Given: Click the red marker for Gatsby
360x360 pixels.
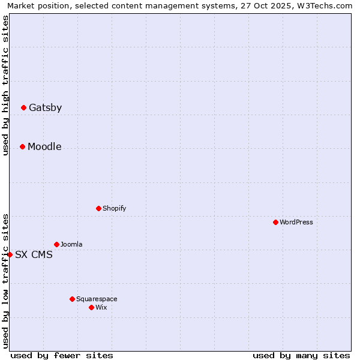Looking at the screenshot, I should coord(23,108).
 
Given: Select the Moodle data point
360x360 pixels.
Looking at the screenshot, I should coord(22,146).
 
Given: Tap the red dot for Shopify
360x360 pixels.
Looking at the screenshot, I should coord(98,208).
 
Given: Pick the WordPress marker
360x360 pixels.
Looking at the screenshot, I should coord(275,222).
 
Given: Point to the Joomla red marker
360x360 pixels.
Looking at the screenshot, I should coord(56,244).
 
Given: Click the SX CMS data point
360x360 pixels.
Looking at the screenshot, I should coord(10,254).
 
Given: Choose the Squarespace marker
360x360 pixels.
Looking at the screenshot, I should coord(72,299).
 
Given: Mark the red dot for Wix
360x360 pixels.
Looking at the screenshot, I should coord(91,307).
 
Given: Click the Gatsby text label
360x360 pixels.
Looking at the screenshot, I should coord(45,108).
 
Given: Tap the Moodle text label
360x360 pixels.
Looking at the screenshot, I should coord(44,146).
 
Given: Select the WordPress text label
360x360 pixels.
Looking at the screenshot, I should coord(296,222).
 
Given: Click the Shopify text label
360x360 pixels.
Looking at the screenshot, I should coord(114,208).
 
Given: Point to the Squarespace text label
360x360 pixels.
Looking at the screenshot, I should coord(97,299).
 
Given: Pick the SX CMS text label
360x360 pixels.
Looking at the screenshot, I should coord(34,254).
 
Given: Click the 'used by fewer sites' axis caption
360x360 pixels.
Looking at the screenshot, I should coord(62,355).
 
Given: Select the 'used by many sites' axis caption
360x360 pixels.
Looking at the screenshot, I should coord(301,355).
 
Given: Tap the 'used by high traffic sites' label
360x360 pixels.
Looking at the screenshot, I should coord(5,85).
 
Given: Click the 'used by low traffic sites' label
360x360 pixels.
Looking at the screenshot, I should coord(5,280).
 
